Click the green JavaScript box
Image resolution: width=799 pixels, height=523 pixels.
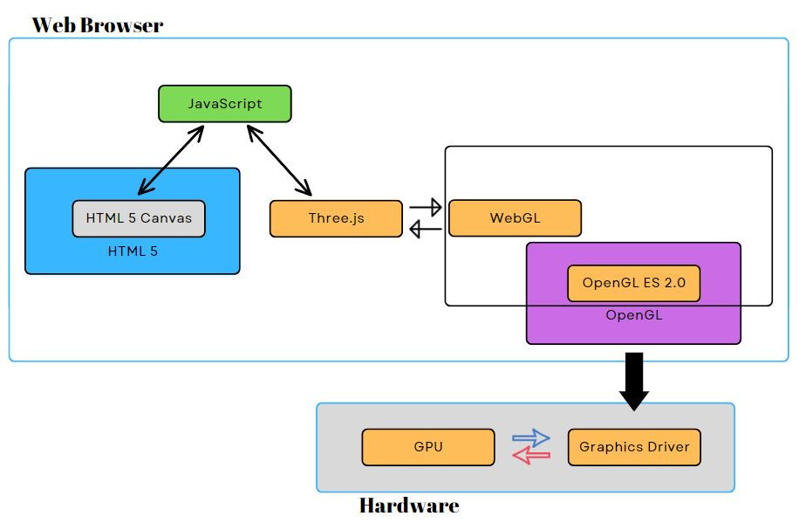point(224,104)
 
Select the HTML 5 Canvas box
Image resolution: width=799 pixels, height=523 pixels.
point(139,218)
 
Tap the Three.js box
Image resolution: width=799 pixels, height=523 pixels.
point(336,218)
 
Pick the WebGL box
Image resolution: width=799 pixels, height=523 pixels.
point(515,218)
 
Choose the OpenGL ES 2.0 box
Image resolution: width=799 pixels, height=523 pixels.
point(633,283)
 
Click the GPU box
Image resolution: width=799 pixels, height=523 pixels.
point(428,447)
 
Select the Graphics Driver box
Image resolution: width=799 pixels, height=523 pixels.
point(634,447)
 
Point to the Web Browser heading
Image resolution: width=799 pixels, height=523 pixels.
point(98,24)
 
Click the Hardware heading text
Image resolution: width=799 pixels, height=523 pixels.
point(408,506)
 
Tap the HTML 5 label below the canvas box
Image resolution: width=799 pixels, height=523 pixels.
point(133,251)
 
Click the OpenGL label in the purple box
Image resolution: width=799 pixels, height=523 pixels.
point(633,315)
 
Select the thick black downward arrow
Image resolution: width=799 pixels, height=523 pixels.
point(634,381)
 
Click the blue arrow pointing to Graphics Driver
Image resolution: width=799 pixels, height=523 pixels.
point(530,437)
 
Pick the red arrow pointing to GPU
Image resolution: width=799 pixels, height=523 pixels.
point(530,455)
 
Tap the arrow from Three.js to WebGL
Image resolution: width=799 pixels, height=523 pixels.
point(426,208)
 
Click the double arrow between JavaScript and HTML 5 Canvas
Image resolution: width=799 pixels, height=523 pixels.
point(171,160)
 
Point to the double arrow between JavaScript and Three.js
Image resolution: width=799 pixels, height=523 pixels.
point(279,160)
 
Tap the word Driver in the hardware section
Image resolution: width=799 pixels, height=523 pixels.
point(663,447)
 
